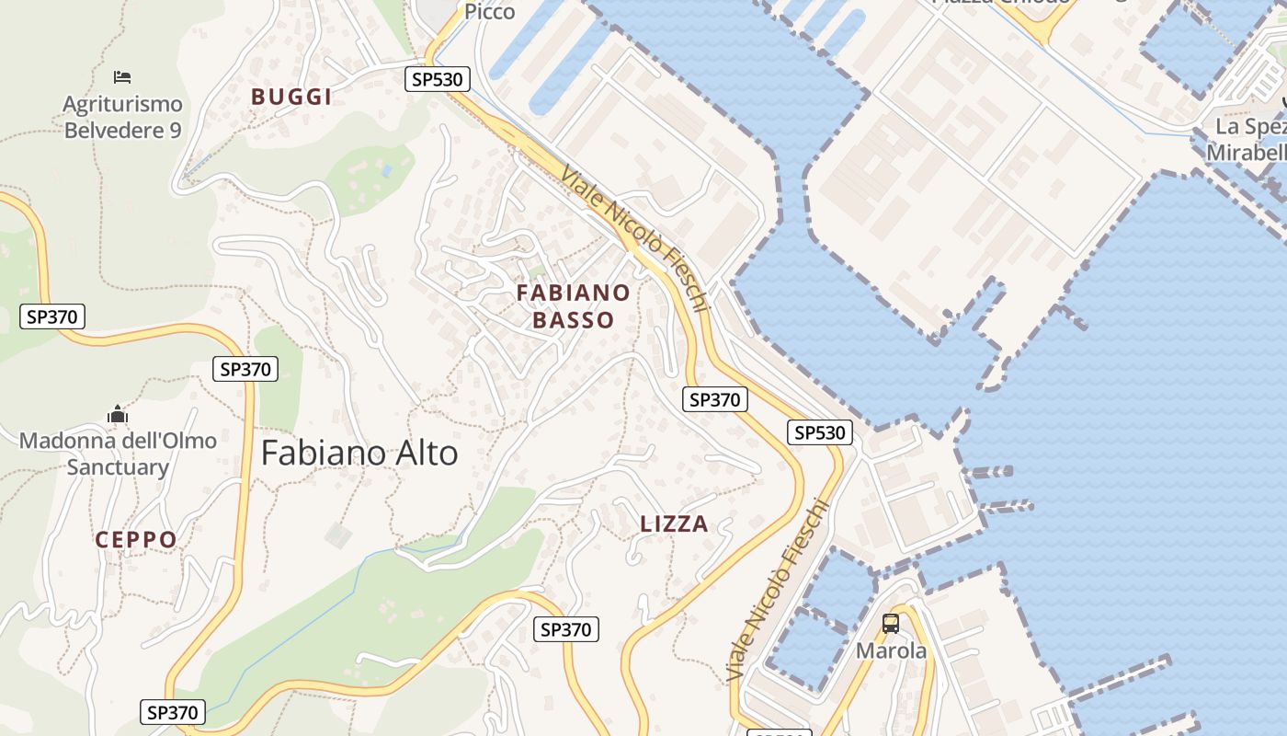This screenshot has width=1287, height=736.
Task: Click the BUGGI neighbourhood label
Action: click(290, 97)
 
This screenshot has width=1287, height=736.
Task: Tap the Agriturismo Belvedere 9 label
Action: click(122, 117)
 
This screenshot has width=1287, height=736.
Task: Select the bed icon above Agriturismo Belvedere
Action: click(122, 76)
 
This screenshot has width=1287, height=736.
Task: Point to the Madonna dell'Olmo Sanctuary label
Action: click(118, 454)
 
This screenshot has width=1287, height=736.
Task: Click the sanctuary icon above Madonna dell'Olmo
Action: click(118, 415)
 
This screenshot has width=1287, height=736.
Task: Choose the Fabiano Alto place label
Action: click(359, 453)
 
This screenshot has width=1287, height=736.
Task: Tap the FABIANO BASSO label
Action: click(574, 306)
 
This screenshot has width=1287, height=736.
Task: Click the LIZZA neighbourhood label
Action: click(674, 524)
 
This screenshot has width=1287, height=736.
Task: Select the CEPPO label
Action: click(136, 540)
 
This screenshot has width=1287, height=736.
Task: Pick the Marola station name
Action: click(891, 650)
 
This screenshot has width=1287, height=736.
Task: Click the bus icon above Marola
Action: click(891, 624)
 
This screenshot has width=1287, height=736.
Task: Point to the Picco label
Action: click(489, 11)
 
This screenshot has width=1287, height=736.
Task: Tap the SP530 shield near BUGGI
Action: click(438, 79)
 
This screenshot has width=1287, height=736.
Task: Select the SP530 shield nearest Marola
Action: click(820, 432)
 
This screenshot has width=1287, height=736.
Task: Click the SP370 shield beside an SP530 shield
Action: click(714, 399)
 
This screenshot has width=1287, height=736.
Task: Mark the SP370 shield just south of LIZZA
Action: click(566, 629)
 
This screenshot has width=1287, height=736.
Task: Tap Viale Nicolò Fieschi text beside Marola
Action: click(776, 593)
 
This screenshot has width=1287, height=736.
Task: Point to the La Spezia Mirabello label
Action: click(1250, 139)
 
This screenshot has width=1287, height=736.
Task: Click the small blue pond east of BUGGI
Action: click(387, 170)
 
